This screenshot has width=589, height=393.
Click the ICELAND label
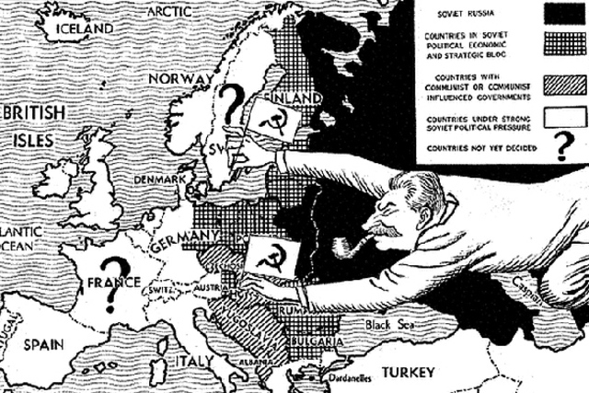(86, 29)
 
